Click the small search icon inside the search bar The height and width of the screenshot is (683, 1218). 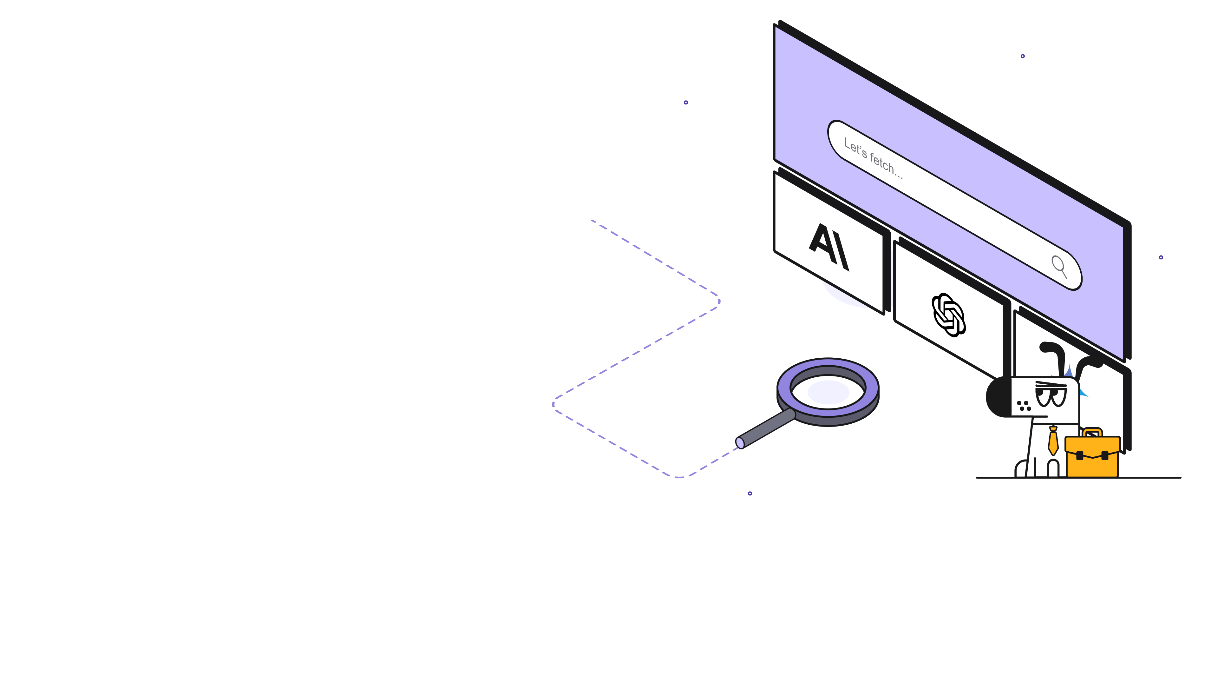point(1059,266)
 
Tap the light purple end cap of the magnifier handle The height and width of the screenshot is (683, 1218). point(740,443)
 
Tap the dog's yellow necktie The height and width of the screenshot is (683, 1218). point(1053,441)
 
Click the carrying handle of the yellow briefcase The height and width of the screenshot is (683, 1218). point(1092,432)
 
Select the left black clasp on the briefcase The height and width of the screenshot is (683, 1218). point(1079,455)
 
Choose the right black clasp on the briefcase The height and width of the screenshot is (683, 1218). point(1105,455)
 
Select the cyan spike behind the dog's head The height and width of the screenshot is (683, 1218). point(1083,393)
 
